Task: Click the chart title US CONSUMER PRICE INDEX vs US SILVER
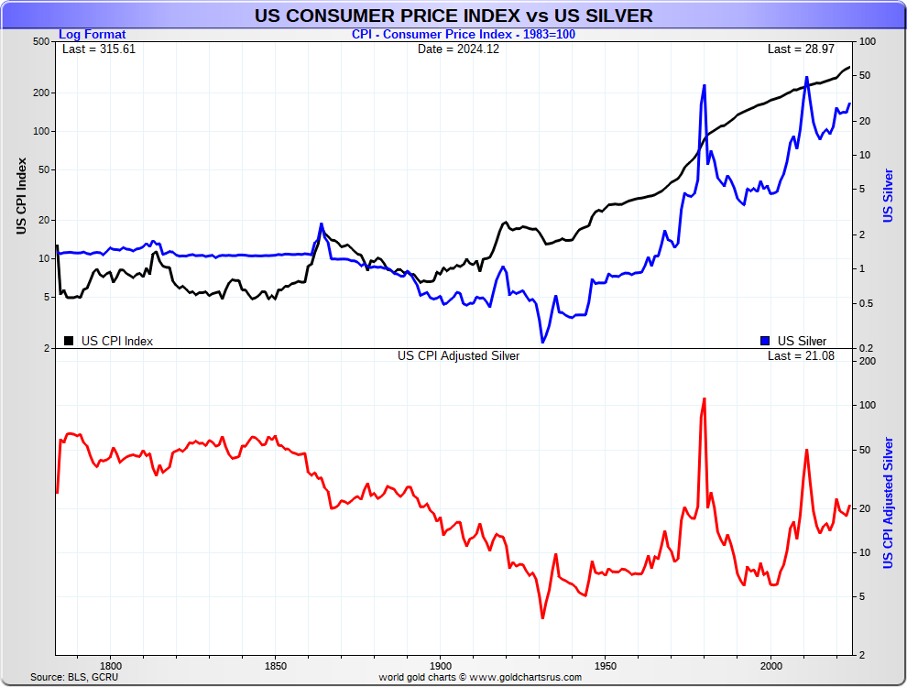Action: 453,16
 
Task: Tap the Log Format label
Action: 93,35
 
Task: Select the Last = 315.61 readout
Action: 99,49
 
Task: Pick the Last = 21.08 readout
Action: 801,356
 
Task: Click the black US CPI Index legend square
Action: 69,341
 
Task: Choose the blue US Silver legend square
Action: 765,341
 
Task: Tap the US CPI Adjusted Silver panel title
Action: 458,356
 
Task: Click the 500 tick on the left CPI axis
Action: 40,42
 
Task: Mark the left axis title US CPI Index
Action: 21,195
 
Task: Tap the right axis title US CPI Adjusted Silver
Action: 888,502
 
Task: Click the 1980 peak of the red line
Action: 704,398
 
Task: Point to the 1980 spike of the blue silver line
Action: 704,85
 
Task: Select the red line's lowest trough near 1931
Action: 542,618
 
